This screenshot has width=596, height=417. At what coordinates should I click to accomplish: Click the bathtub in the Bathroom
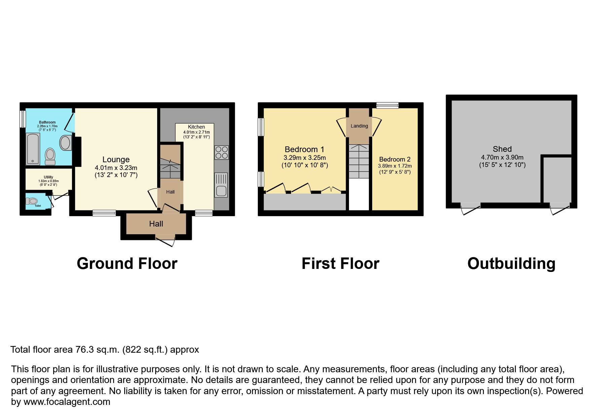33,149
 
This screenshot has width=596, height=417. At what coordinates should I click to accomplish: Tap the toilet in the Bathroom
50,157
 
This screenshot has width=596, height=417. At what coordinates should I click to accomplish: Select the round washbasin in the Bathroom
65,143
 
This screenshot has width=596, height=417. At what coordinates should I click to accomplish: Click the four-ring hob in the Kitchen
221,152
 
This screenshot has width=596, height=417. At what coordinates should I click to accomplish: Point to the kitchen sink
221,185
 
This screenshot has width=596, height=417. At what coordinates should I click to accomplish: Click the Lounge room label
116,160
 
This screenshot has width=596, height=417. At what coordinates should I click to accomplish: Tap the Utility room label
48,177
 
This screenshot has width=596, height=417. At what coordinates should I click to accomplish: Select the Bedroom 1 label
305,149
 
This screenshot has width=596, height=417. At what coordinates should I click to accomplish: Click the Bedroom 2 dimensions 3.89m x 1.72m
395,166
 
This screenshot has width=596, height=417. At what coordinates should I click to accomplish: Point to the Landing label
359,126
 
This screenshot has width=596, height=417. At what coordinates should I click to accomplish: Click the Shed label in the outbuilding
502,149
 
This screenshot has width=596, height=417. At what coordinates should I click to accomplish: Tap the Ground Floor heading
127,264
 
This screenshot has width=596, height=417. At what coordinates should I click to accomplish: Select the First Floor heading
341,264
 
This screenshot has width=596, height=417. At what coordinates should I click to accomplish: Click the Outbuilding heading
511,264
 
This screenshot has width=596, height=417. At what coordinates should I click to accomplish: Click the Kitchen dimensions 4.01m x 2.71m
197,132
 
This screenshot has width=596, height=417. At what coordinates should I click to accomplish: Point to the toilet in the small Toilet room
32,201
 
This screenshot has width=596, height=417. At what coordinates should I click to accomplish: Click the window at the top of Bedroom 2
387,105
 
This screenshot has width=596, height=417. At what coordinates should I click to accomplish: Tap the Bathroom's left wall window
23,119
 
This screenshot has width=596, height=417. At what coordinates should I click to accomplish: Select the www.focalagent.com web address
67,402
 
